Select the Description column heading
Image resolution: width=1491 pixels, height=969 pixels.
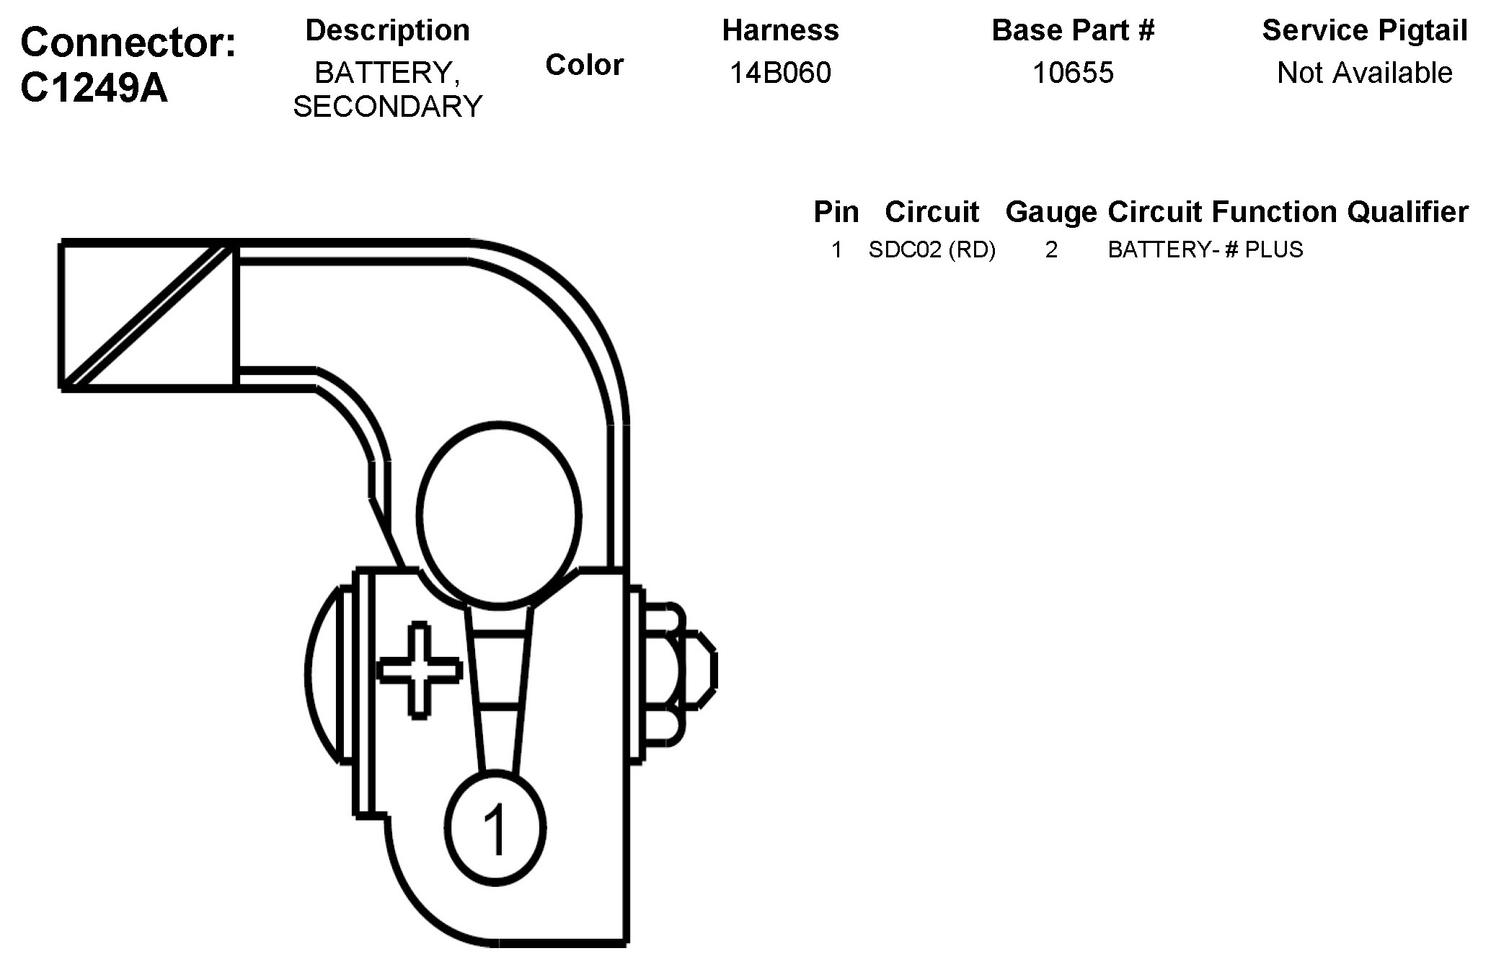pyautogui.click(x=387, y=30)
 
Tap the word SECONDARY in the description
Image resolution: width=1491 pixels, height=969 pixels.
pyautogui.click(x=387, y=107)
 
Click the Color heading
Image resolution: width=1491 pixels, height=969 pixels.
pyautogui.click(x=584, y=65)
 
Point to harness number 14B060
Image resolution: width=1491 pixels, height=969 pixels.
pyautogui.click(x=780, y=73)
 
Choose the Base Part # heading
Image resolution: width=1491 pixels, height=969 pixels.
pyautogui.click(x=1073, y=30)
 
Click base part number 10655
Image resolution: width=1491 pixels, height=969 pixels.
pyautogui.click(x=1073, y=73)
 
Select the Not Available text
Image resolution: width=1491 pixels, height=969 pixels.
pyautogui.click(x=1364, y=73)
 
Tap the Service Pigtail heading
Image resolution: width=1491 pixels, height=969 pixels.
pyautogui.click(x=1364, y=30)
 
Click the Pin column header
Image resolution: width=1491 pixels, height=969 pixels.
pyautogui.click(x=836, y=212)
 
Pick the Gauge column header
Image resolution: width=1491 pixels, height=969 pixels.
pyautogui.click(x=1050, y=212)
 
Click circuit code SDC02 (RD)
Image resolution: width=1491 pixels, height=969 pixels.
pyautogui.click(x=932, y=249)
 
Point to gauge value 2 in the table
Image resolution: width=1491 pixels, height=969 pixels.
pyautogui.click(x=1051, y=249)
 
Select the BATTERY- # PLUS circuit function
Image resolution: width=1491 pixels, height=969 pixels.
pyautogui.click(x=1205, y=249)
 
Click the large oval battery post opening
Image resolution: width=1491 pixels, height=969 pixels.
pyautogui.click(x=499, y=513)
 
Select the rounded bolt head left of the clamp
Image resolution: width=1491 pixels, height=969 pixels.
pyautogui.click(x=324, y=674)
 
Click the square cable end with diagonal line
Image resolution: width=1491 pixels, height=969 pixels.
pyautogui.click(x=148, y=316)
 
